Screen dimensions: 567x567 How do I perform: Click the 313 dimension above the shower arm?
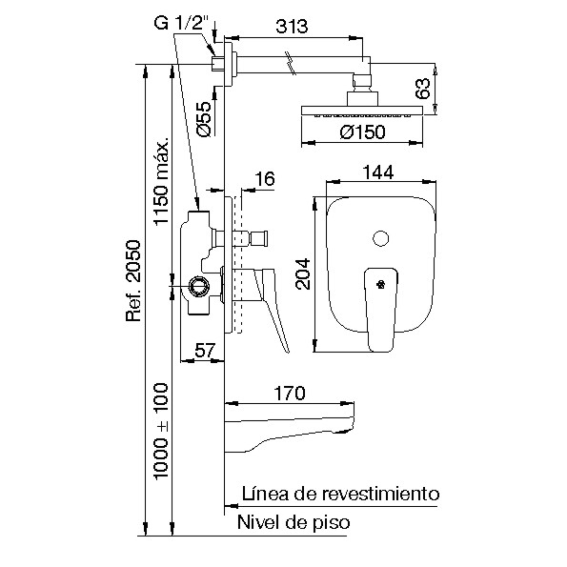point(292,27)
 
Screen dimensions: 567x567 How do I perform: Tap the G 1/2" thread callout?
point(182,24)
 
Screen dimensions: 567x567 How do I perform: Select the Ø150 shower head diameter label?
point(362,132)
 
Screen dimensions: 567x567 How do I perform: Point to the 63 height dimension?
point(422,89)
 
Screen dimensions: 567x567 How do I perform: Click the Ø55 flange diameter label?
point(204,119)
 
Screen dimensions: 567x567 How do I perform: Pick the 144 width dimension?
point(378,172)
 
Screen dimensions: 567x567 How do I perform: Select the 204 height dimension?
point(303,273)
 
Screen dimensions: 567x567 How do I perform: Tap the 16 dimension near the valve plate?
point(265,178)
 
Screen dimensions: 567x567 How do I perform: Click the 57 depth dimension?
point(205,350)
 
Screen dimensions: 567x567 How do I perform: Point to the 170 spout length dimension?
point(290,393)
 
